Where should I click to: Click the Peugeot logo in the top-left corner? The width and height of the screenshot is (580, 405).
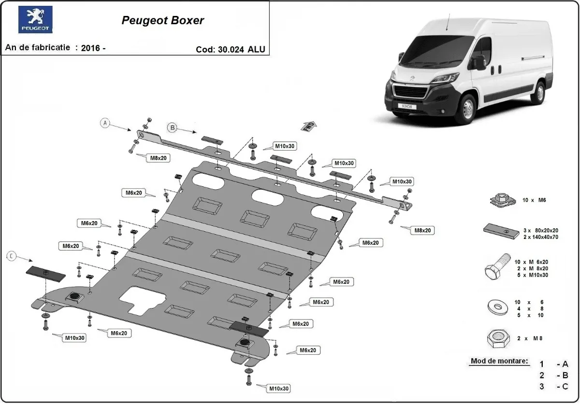(x=35, y=20)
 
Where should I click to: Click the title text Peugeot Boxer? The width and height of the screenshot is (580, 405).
(x=162, y=21)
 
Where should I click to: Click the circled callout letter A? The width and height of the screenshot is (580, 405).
(x=105, y=123)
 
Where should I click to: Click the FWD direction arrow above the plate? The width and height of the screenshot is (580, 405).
(x=309, y=126)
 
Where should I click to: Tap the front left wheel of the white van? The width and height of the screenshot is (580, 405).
(x=467, y=109)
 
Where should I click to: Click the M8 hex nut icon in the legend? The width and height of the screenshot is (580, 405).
(x=498, y=339)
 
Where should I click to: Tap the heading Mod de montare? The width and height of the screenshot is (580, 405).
(x=499, y=361)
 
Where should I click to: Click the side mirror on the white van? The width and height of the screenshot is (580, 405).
(x=480, y=61)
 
